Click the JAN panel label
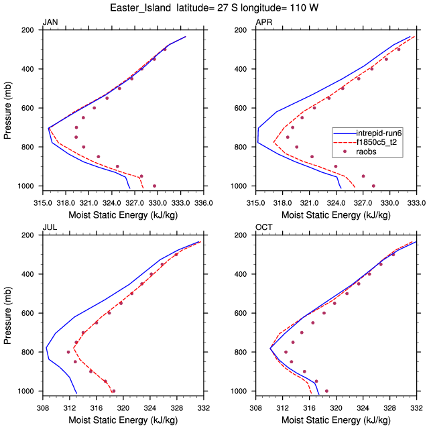click(49, 22)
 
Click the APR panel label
click(263, 22)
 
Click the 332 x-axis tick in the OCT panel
click(416, 407)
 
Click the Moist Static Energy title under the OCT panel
click(336, 419)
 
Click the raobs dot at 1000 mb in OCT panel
click(326, 391)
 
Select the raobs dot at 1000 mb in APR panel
click(373, 186)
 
